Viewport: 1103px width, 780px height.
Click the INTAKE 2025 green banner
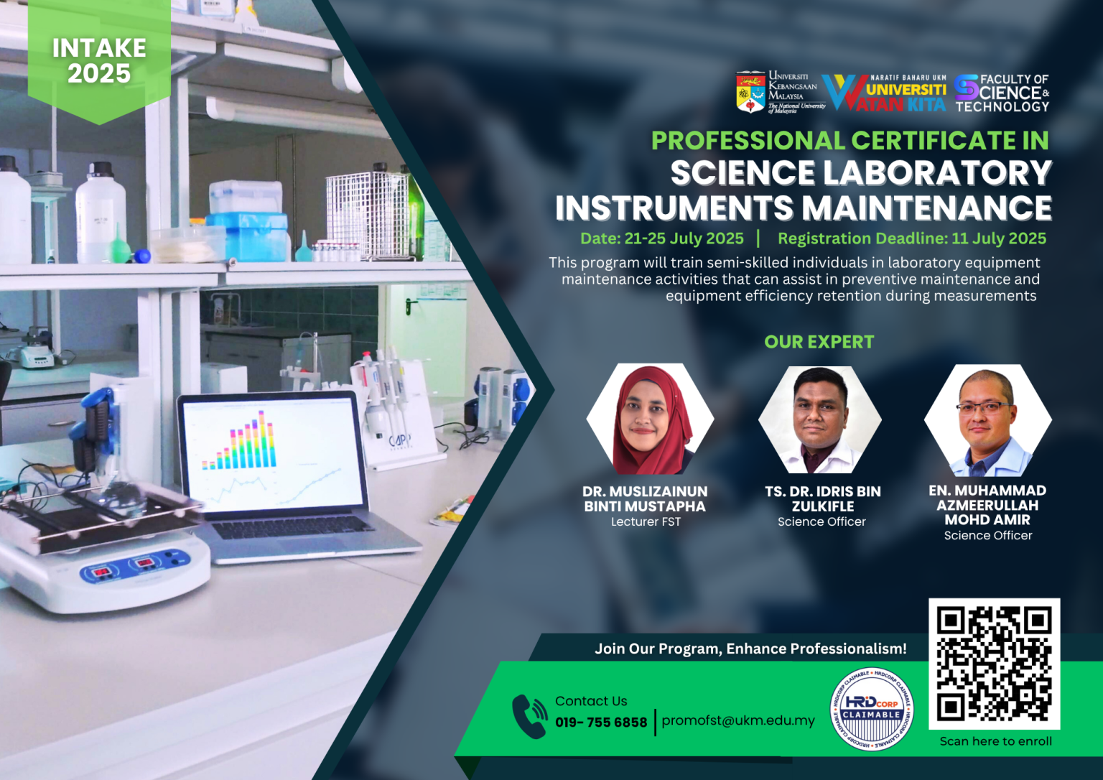point(99,60)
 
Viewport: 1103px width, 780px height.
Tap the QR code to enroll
point(994,663)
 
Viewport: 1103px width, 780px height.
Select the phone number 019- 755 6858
point(601,723)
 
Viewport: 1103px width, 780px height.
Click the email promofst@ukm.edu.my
point(738,720)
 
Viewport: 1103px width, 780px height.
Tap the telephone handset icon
point(530,716)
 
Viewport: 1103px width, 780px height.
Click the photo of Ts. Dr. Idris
point(820,419)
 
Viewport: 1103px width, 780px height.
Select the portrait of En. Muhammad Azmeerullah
point(988,420)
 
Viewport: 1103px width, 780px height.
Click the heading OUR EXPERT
point(819,342)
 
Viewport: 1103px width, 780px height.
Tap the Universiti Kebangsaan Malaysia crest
point(750,92)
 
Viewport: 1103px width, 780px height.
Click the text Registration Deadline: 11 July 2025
point(912,238)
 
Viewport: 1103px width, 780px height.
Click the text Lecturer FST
point(646,522)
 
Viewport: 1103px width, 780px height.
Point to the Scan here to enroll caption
point(995,741)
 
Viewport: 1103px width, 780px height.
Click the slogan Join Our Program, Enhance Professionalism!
point(750,649)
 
